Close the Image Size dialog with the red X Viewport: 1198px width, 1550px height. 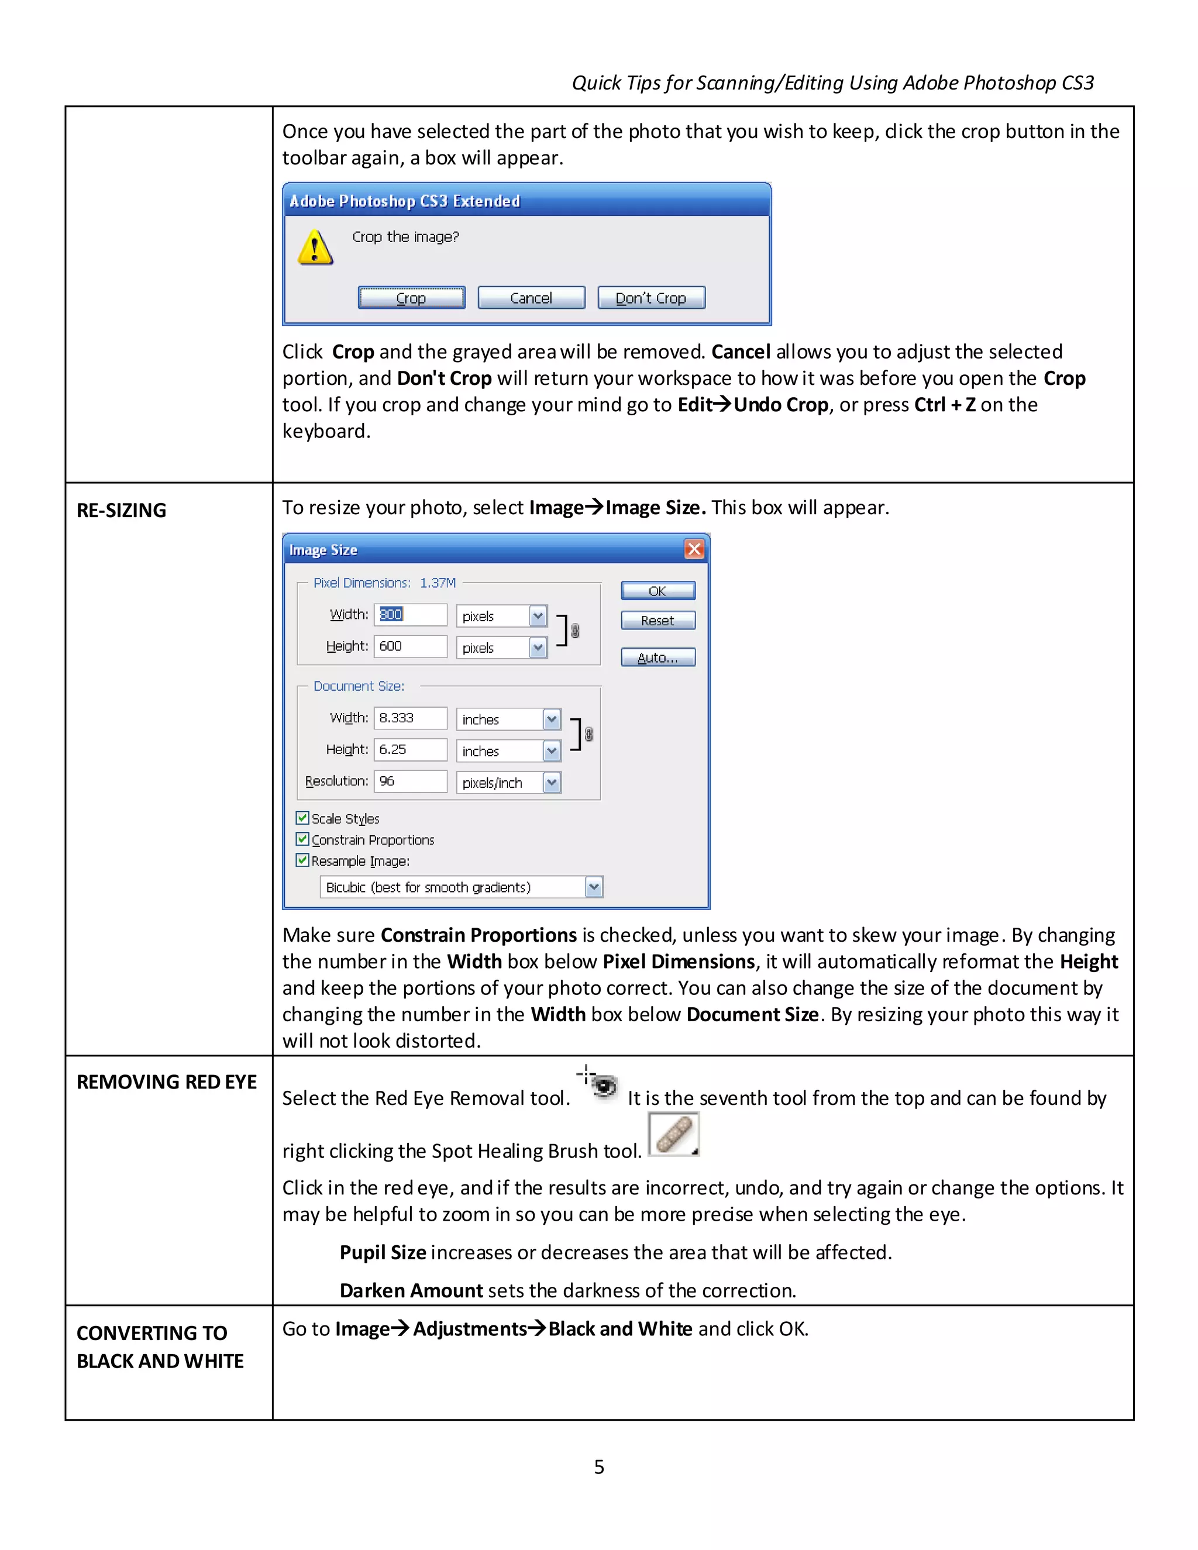point(693,549)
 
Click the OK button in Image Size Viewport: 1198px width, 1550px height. point(657,591)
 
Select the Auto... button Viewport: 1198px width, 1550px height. point(657,658)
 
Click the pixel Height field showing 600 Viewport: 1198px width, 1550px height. point(410,646)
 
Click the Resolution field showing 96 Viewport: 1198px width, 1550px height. point(410,781)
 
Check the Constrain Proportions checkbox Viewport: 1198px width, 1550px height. point(303,839)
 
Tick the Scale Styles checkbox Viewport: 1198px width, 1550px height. point(303,818)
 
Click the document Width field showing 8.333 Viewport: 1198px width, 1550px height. point(410,718)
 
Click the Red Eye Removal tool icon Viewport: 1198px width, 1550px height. point(600,1084)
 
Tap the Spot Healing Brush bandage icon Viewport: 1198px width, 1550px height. point(673,1134)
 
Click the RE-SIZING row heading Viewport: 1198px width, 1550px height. point(121,510)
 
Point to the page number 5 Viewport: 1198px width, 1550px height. point(599,1467)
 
